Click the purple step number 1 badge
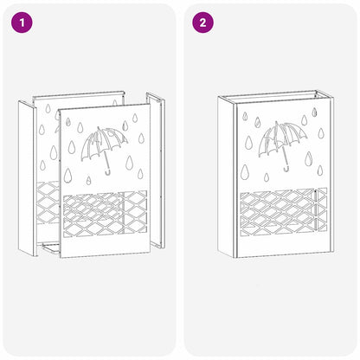coord(22,22)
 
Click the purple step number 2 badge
coord(203,22)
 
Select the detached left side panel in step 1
coord(28,178)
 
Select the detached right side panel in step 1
coord(156,170)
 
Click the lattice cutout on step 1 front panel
coord(105,214)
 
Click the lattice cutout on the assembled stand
coord(284,211)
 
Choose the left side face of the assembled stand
coord(228,177)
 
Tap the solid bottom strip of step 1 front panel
coord(106,247)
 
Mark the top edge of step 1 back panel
coord(78,94)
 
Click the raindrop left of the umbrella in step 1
coord(71,147)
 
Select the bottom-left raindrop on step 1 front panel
coord(67,175)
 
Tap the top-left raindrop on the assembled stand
coord(245,116)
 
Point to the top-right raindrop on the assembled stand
coord(314,112)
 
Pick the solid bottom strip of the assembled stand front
coord(284,246)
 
